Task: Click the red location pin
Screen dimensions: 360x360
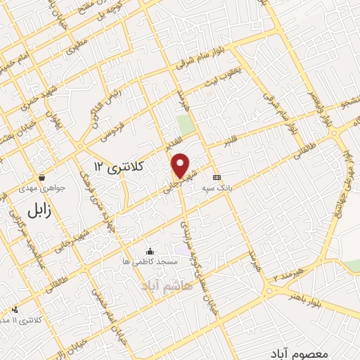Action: tap(181, 165)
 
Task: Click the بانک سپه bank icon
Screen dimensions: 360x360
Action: tap(217, 177)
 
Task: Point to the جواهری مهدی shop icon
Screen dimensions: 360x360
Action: tap(44, 178)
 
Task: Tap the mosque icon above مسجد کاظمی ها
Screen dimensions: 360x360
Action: tap(149, 251)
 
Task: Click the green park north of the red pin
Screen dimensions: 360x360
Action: tap(186, 126)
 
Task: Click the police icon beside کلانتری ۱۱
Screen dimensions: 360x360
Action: tap(15, 309)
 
